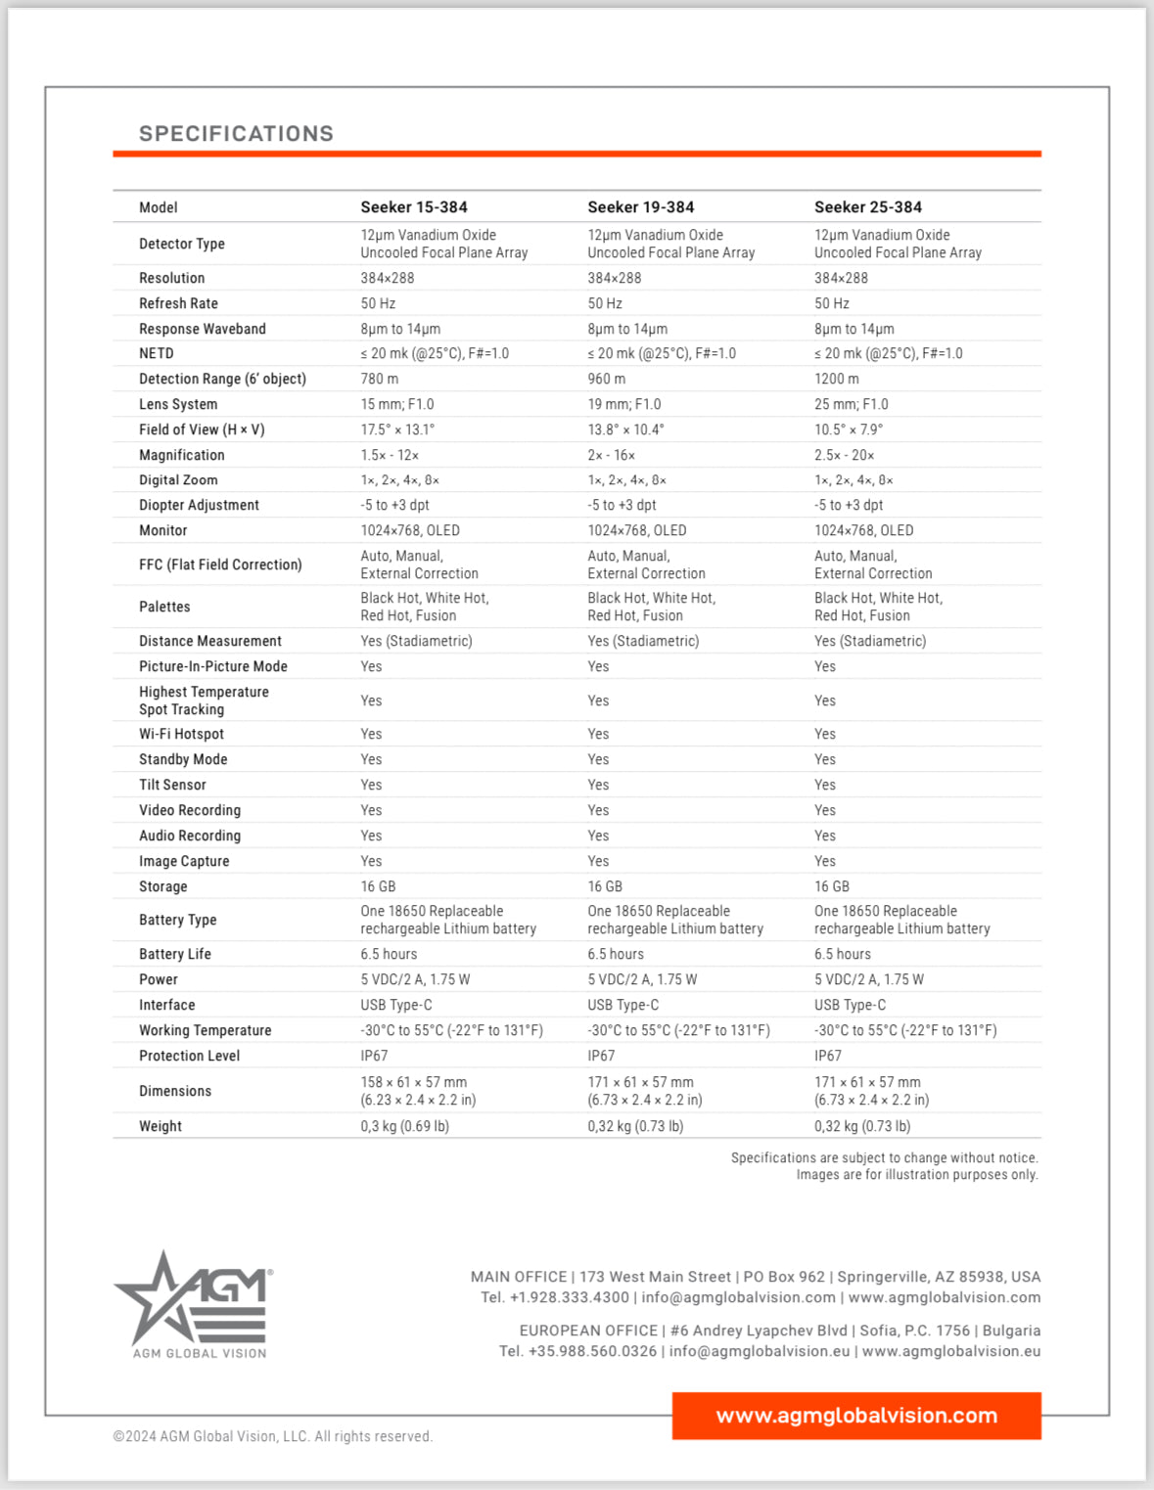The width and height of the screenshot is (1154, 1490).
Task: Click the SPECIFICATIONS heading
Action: tap(236, 134)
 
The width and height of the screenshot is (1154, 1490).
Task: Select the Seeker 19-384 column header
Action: tap(640, 207)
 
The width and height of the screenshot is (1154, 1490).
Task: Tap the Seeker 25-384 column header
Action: tap(867, 207)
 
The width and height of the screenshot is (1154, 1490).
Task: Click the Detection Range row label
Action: tap(222, 379)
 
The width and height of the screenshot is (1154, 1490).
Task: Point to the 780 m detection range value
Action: tap(380, 379)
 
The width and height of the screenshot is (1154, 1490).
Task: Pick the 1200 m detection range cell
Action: tap(836, 379)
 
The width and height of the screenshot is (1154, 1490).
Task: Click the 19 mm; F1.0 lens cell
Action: tap(623, 404)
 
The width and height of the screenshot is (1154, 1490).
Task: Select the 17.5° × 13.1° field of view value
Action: tap(397, 429)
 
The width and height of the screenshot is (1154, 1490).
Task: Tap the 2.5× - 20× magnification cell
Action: tap(844, 455)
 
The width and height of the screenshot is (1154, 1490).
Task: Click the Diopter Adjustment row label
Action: tap(199, 505)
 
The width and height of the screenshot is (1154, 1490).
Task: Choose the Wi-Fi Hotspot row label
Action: tap(181, 734)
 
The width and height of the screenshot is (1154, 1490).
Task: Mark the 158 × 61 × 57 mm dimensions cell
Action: tap(414, 1082)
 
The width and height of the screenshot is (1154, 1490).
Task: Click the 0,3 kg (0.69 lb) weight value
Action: tap(404, 1126)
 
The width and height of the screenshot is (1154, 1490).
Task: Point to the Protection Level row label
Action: tap(189, 1056)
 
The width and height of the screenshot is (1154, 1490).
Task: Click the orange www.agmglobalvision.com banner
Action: tap(856, 1416)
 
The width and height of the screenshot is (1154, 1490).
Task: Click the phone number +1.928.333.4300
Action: tap(569, 1297)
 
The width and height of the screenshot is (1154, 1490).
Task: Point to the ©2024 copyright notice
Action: tap(272, 1436)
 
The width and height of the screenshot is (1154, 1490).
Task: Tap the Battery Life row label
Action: tap(175, 954)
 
